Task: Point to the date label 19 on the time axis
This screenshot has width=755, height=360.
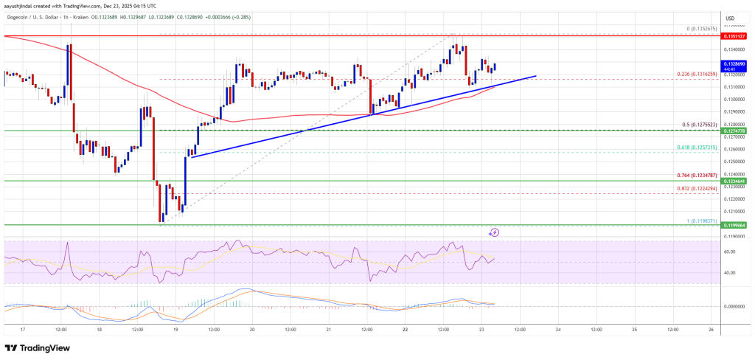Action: point(176,330)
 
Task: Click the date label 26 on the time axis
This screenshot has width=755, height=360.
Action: point(710,330)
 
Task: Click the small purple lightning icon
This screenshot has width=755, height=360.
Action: point(494,232)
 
